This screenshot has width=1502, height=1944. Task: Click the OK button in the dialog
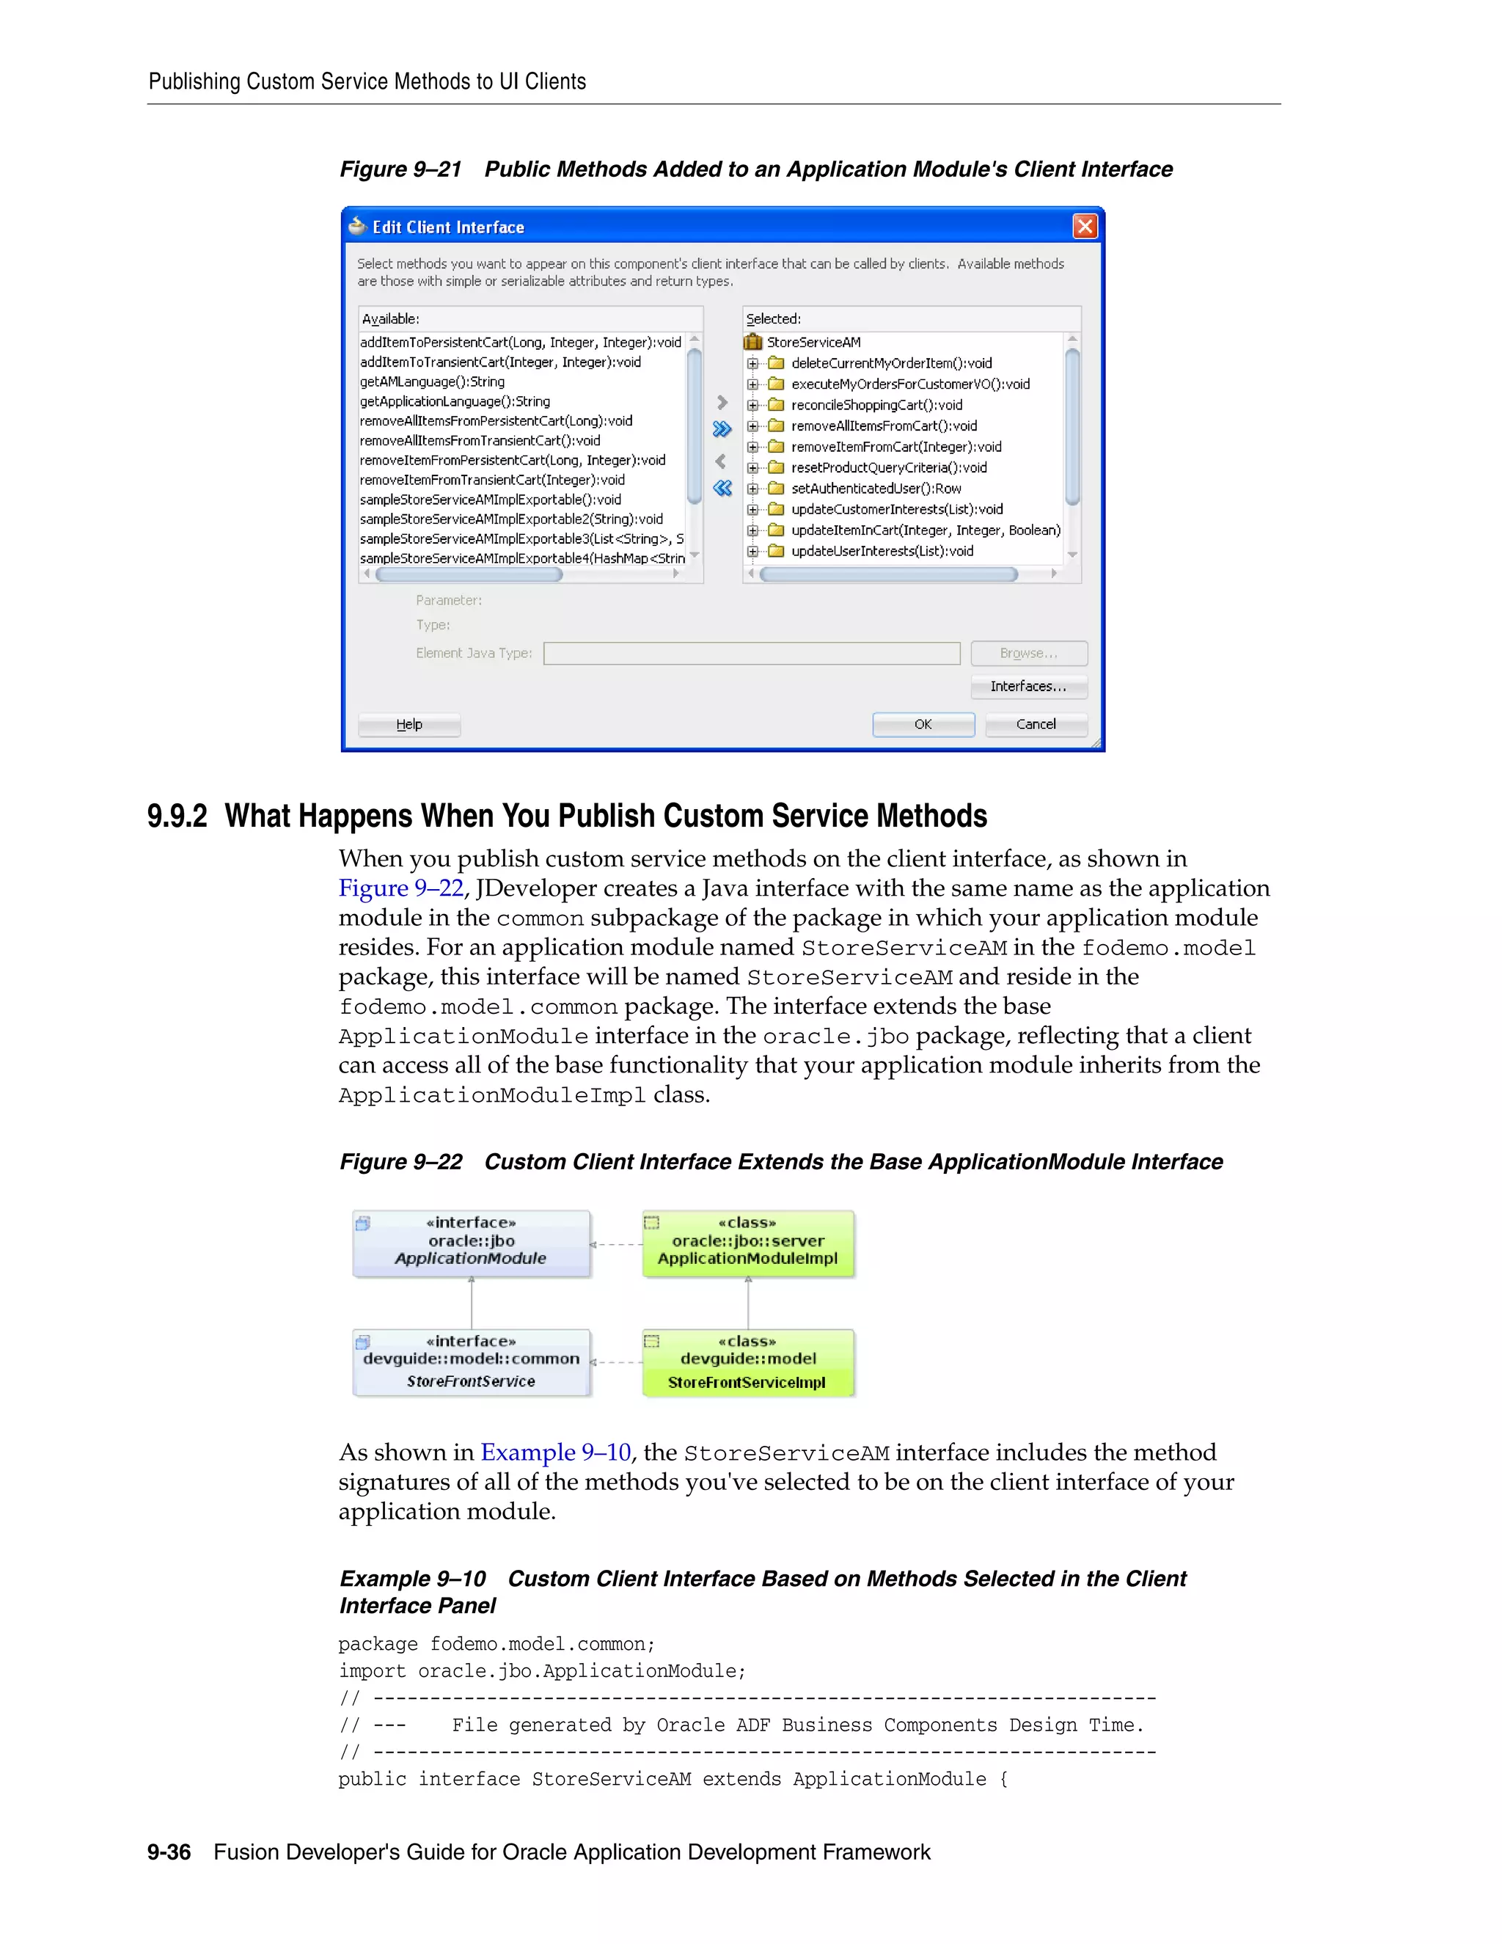click(923, 725)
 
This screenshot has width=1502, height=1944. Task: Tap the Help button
click(409, 725)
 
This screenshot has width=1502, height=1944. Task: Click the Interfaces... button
click(1029, 687)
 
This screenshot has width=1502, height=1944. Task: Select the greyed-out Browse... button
click(1029, 654)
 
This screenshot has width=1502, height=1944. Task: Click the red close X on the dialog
click(1085, 227)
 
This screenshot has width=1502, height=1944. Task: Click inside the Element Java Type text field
click(752, 654)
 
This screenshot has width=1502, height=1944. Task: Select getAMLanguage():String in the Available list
click(433, 382)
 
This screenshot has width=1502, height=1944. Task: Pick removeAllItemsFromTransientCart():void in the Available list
click(480, 441)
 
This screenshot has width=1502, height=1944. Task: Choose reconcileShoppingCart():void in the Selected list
click(876, 405)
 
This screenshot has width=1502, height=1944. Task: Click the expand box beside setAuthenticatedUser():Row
click(752, 489)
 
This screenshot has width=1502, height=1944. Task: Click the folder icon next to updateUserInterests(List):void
click(776, 551)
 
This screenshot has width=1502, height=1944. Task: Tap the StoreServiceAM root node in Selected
click(813, 343)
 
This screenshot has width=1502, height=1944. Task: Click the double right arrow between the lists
click(722, 429)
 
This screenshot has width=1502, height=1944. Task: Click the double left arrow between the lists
click(722, 488)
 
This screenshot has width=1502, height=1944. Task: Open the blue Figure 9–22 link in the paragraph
click(400, 888)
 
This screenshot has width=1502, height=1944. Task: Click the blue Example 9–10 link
click(556, 1452)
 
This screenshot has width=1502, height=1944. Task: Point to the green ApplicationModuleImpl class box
click(747, 1243)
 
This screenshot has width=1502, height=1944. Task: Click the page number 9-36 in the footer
click(169, 1852)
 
